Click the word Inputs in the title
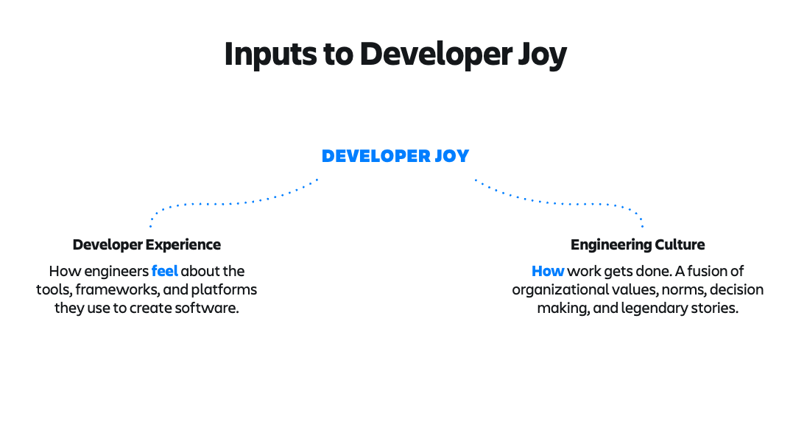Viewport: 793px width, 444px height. (270, 54)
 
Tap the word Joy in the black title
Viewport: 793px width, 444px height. (542, 54)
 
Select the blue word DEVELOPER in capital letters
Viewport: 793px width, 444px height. (375, 156)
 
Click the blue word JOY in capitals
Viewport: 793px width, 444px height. (451, 156)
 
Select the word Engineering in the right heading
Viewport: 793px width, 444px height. (611, 244)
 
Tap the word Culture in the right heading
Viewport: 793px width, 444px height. (680, 244)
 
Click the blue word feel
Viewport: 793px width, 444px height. (165, 271)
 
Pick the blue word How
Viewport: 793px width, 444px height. (548, 271)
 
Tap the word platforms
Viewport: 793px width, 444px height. (224, 290)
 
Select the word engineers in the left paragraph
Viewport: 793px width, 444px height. (116, 272)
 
